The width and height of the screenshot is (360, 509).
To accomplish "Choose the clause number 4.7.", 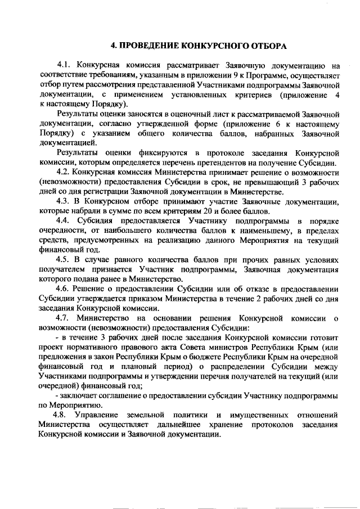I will tap(66, 318).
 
